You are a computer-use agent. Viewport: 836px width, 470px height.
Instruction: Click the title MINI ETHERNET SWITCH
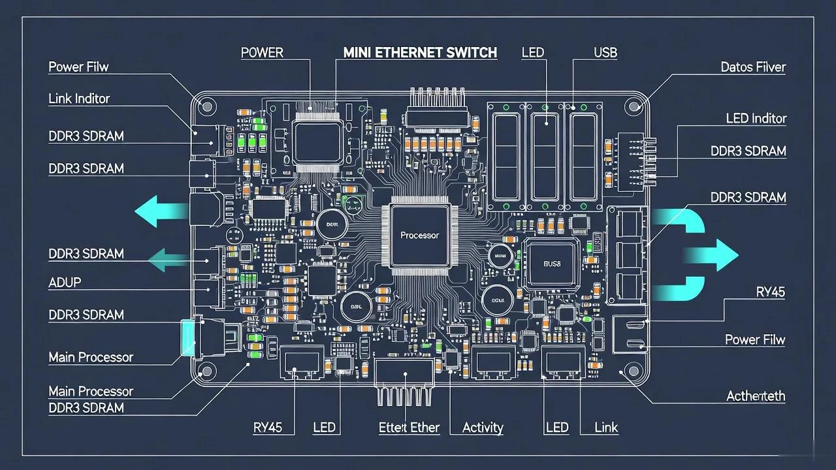pyautogui.click(x=420, y=53)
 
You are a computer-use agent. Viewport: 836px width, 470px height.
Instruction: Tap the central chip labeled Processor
pyautogui.click(x=419, y=235)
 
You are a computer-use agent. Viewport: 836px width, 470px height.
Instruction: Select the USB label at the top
pyautogui.click(x=605, y=53)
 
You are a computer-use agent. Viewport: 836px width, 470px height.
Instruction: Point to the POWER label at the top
pyautogui.click(x=262, y=53)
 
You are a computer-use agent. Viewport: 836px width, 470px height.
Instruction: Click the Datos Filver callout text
pyautogui.click(x=753, y=67)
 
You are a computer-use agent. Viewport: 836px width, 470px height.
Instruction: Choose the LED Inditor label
pyautogui.click(x=756, y=119)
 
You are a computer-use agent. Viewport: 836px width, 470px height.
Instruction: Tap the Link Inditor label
pyautogui.click(x=79, y=99)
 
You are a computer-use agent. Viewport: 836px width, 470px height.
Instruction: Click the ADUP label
pyautogui.click(x=65, y=283)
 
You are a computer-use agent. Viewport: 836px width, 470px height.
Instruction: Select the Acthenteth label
pyautogui.click(x=756, y=396)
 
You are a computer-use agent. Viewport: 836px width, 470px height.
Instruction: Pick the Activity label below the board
pyautogui.click(x=483, y=428)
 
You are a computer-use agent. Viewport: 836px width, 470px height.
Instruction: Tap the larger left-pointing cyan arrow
pyautogui.click(x=160, y=212)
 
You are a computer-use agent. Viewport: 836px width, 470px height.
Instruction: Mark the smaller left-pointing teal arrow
pyautogui.click(x=167, y=261)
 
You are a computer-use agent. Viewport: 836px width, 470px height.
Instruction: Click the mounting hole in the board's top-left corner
pyautogui.click(x=208, y=106)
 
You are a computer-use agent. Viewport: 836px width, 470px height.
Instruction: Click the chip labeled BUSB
pyautogui.click(x=552, y=264)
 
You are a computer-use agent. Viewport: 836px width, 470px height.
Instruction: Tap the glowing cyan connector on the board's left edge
pyautogui.click(x=188, y=337)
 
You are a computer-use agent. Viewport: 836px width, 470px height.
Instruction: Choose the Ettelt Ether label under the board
pyautogui.click(x=409, y=428)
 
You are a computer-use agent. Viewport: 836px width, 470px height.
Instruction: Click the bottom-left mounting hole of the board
pyautogui.click(x=207, y=371)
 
